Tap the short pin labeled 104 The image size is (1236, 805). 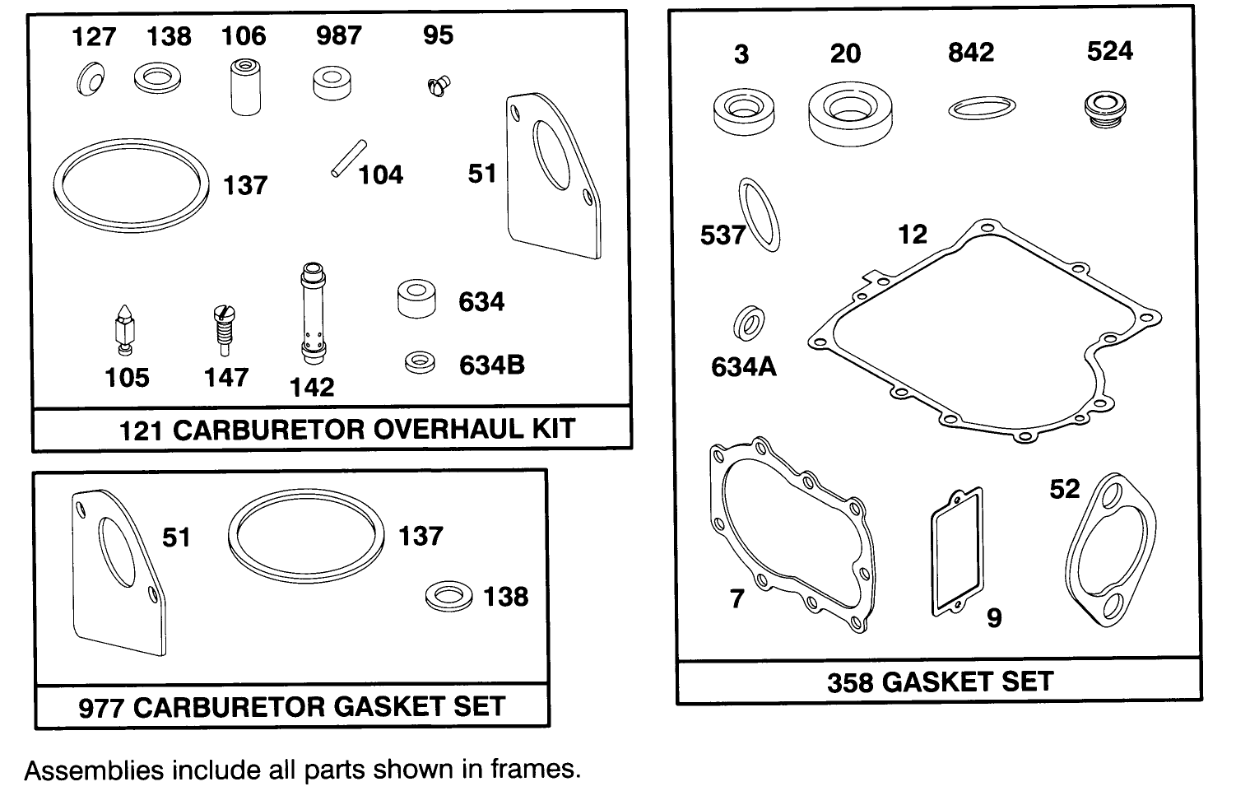[x=345, y=158]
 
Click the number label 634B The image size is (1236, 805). [x=491, y=365]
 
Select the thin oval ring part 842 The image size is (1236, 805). [x=981, y=107]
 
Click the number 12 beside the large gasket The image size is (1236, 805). [x=912, y=235]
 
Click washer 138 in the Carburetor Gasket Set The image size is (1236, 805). [x=449, y=596]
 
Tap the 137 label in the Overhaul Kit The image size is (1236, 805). [x=245, y=185]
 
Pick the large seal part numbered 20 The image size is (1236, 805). [x=850, y=113]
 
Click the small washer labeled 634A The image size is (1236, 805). [x=748, y=323]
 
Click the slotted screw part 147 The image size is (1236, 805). [x=221, y=328]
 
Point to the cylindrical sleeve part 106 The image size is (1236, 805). [x=244, y=86]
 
